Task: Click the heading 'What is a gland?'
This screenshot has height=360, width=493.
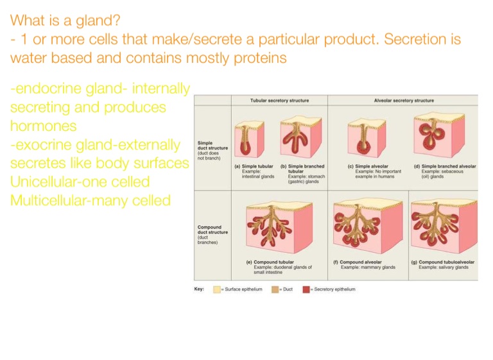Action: point(65,21)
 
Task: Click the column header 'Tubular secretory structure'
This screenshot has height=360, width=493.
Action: point(279,101)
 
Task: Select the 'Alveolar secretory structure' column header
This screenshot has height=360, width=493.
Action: point(404,101)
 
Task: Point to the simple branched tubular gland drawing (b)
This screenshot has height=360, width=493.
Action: point(301,137)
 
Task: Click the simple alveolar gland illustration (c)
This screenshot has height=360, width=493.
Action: point(367,139)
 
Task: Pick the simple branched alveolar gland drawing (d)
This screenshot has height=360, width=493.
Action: point(439,135)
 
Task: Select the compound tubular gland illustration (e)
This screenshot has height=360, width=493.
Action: point(279,227)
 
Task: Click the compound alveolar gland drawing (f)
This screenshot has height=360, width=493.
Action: point(368,226)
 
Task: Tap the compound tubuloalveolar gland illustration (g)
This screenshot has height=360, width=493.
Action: point(444,226)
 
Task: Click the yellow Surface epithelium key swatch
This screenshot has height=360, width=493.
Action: point(216,289)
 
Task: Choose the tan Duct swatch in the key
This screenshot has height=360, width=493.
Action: point(275,289)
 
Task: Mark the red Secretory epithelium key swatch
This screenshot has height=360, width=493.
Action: point(306,289)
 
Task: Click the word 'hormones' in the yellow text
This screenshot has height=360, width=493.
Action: point(44,126)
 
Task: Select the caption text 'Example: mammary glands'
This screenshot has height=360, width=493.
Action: point(368,267)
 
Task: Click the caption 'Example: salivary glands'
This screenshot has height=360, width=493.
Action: point(444,267)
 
